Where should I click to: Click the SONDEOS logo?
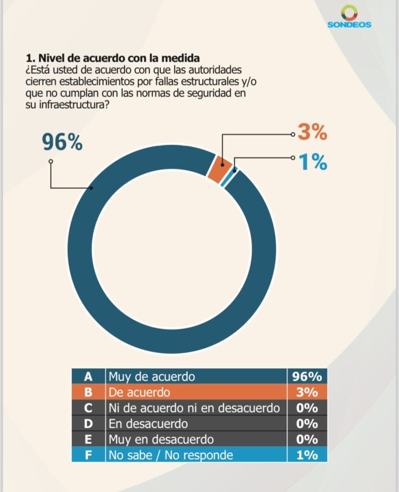point(349,17)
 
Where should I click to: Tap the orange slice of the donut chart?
point(218,168)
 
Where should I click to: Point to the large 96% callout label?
point(62,142)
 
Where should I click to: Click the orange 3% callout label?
point(312,132)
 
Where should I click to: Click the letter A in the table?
point(88,376)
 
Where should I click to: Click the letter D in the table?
point(88,424)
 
